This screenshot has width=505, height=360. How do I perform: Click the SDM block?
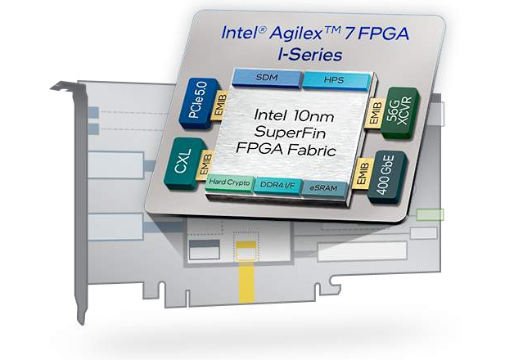point(266,77)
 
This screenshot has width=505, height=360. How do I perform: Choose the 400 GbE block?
point(394,171)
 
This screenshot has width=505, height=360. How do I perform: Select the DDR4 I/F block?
point(277,185)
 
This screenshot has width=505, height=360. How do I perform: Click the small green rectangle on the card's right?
point(430,215)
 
